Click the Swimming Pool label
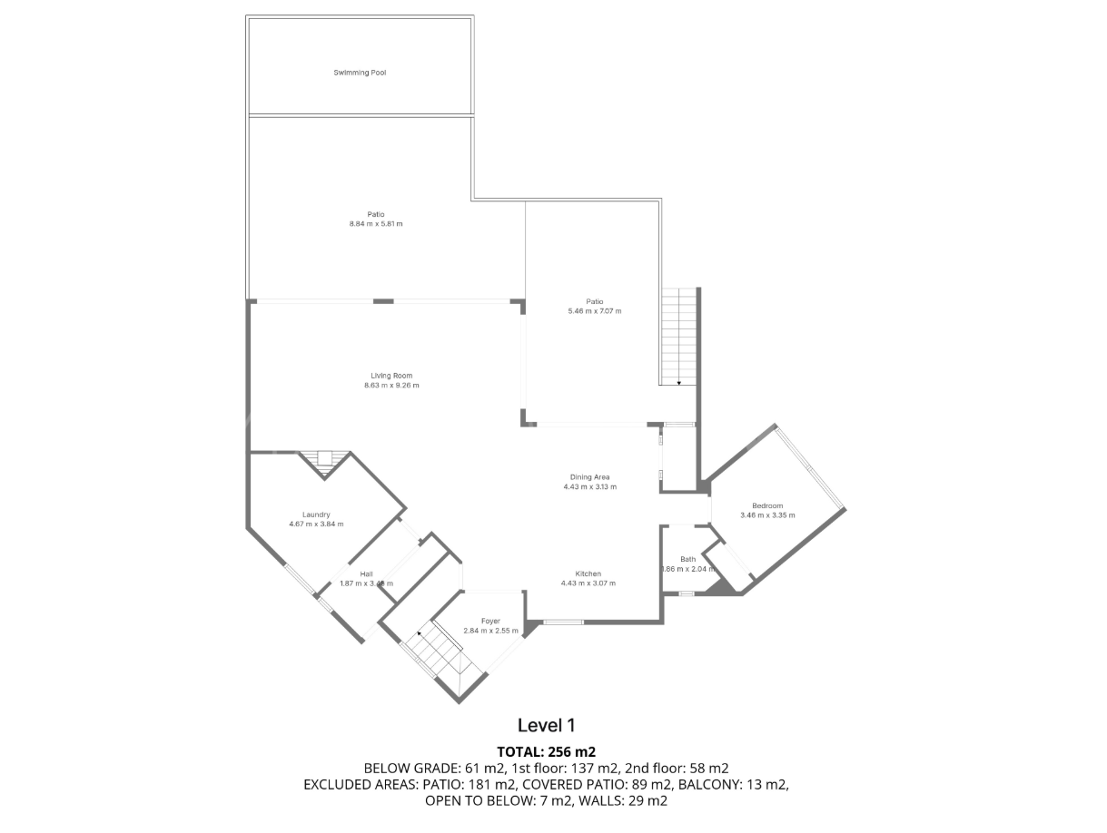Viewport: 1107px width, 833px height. [360, 73]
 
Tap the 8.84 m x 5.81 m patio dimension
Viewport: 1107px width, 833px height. [375, 223]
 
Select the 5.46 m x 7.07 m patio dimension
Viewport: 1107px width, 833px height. [594, 311]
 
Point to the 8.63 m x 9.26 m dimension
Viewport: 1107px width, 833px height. [391, 386]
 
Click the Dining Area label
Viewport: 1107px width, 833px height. [589, 477]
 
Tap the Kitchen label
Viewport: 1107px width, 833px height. [588, 573]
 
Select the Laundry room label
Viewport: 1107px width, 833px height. [316, 514]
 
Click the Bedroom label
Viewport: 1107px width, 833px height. [767, 505]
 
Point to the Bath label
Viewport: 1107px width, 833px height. [687, 559]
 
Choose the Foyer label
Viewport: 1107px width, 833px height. [490, 621]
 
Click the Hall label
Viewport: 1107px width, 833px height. [366, 573]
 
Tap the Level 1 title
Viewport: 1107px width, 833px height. [547, 725]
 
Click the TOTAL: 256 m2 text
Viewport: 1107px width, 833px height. [547, 751]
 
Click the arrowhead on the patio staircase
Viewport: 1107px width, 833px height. [678, 382]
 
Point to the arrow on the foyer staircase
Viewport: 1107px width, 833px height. [420, 633]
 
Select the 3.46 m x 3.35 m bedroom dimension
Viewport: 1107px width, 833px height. [767, 515]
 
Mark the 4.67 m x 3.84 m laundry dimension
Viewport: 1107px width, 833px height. [316, 524]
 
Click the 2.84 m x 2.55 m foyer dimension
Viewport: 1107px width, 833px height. [490, 631]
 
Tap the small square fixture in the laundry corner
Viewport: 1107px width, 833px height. [324, 458]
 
